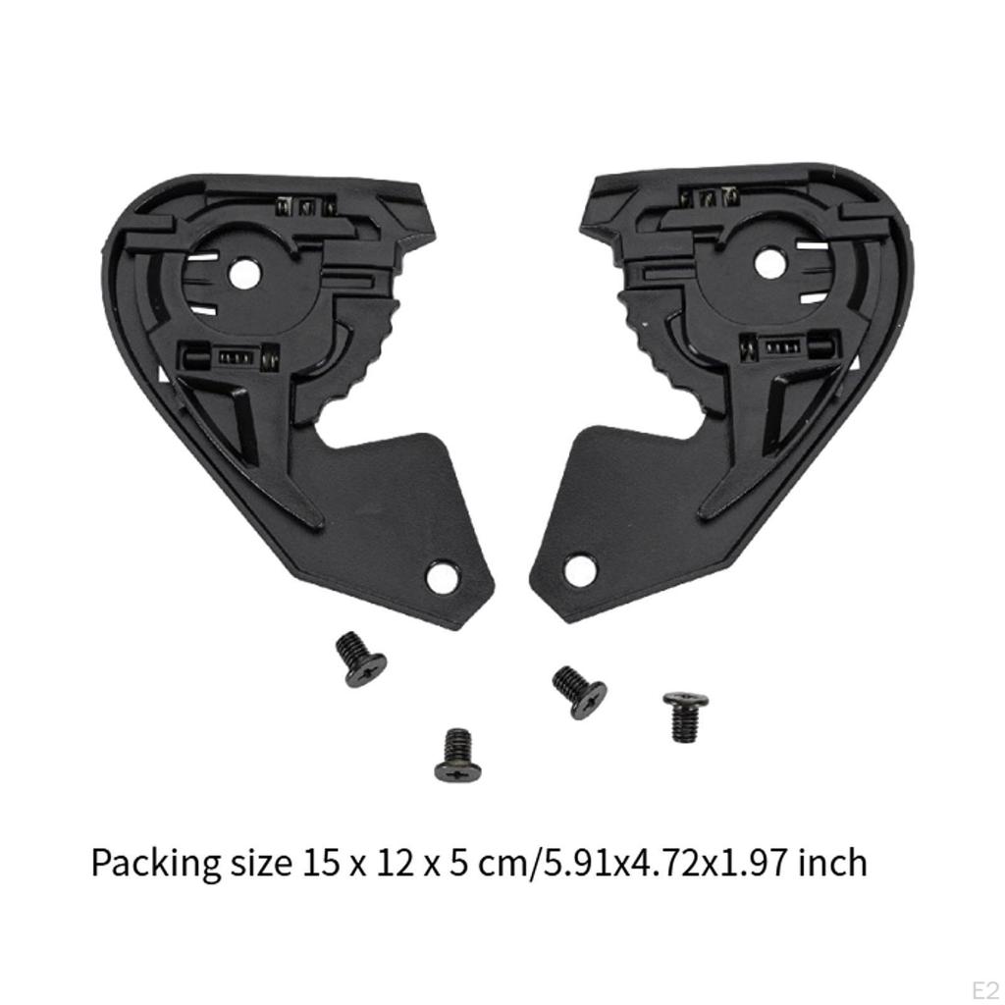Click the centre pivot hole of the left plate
[245, 275]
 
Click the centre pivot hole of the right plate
[769, 262]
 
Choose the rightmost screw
[684, 714]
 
